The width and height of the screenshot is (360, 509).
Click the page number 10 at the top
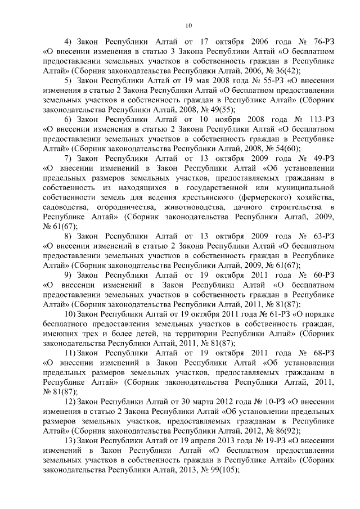tap(188, 24)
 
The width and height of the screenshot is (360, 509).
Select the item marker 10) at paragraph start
tap(71, 313)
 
